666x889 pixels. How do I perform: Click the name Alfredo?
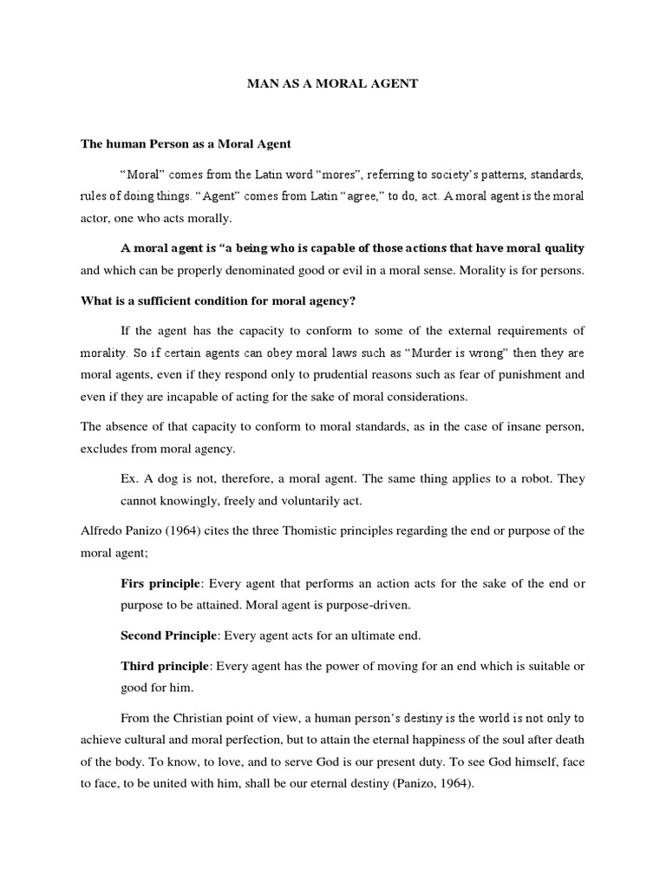click(102, 530)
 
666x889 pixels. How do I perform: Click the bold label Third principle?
click(165, 666)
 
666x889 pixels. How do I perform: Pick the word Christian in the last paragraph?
click(206, 718)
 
